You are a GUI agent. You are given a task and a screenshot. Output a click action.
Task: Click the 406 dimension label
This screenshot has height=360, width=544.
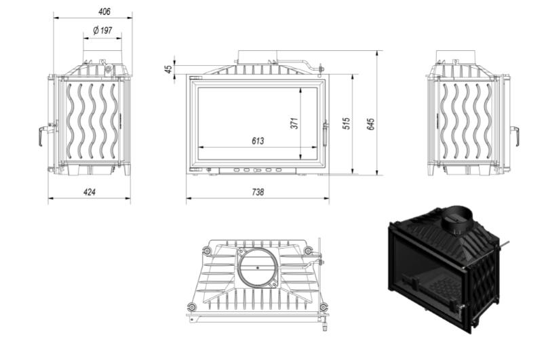[x=104, y=12]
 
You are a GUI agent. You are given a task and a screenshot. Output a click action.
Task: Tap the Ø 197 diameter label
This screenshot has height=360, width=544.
[x=102, y=31]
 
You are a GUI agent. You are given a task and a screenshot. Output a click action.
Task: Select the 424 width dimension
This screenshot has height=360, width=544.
[x=90, y=192]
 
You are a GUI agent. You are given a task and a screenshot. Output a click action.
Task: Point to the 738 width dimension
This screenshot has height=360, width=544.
[x=258, y=192]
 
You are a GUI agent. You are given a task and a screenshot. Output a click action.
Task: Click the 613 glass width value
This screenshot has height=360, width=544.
[x=258, y=141]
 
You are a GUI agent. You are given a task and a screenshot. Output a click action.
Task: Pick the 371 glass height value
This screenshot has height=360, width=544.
[x=294, y=123]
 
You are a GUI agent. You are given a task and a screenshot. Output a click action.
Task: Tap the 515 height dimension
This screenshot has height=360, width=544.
[x=346, y=123]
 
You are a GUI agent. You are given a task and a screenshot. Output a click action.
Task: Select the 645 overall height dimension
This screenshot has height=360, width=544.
[x=371, y=124]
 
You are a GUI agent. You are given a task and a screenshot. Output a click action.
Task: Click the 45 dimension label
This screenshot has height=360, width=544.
[x=169, y=69]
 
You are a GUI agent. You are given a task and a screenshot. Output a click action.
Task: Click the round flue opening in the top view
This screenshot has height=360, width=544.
[x=258, y=268]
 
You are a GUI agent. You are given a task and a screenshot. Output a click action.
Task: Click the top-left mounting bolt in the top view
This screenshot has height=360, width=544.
[x=207, y=250]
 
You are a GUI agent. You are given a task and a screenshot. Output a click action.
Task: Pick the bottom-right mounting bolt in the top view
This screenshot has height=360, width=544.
[x=323, y=307]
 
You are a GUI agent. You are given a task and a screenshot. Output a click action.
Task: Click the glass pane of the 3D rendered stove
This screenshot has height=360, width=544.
[x=427, y=274]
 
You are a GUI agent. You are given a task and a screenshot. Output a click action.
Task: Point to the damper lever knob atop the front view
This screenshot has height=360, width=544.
[x=320, y=68]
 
